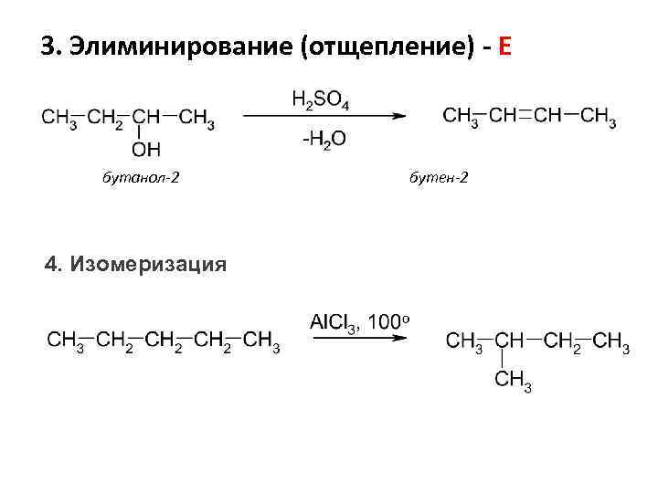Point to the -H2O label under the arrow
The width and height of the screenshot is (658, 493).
(x=321, y=140)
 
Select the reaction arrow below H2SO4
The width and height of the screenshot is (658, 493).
(x=324, y=117)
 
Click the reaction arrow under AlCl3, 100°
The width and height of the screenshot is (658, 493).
(x=358, y=339)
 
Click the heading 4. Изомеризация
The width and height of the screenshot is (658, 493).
(x=135, y=265)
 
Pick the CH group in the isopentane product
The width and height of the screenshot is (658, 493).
(x=509, y=341)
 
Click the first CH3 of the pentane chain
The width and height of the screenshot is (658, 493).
(x=66, y=341)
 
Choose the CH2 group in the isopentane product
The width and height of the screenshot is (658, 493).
(x=562, y=341)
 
